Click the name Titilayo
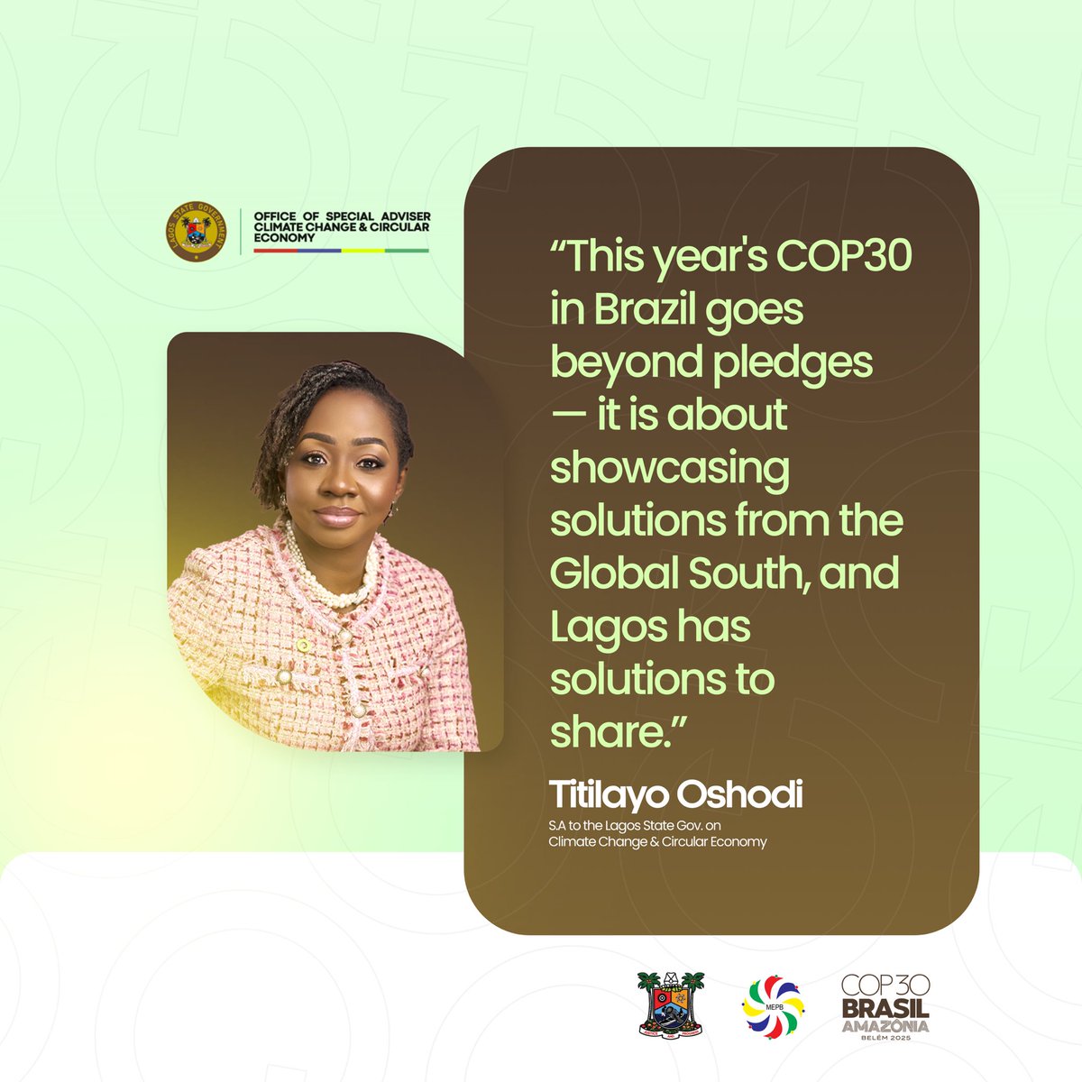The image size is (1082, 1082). (x=608, y=795)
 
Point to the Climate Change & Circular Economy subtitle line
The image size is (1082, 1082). (x=658, y=841)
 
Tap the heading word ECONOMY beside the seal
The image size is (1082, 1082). (x=285, y=239)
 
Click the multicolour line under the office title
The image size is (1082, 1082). (x=341, y=250)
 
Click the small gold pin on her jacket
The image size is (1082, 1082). (x=303, y=646)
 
